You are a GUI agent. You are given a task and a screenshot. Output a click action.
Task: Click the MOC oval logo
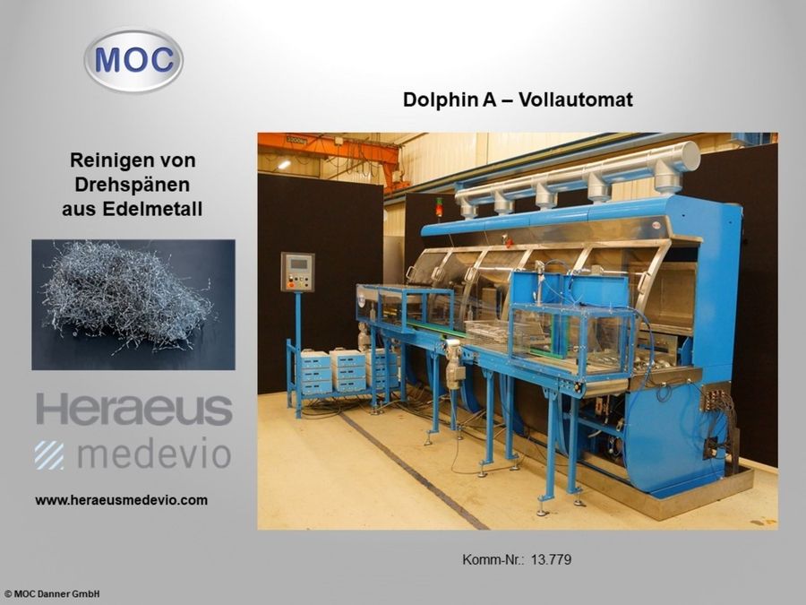click(133, 60)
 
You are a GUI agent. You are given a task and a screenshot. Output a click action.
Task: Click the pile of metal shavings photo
click(133, 304)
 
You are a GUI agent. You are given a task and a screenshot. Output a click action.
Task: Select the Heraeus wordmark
click(133, 410)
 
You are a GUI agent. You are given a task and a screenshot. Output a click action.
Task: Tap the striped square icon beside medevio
click(49, 454)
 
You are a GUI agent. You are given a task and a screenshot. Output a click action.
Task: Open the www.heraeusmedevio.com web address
click(121, 500)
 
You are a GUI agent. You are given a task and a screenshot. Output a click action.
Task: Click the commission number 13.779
click(551, 560)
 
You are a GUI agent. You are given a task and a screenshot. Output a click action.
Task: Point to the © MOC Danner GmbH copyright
click(52, 593)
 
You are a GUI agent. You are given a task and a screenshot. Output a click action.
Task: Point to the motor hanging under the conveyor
click(453, 364)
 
